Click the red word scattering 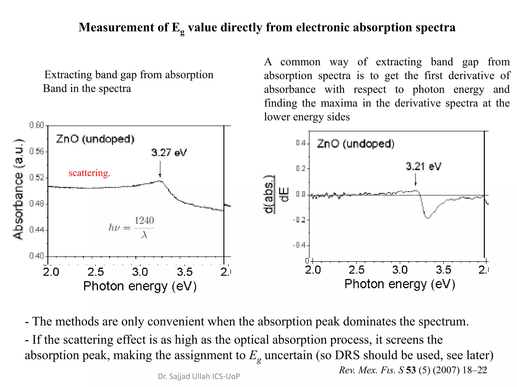89,173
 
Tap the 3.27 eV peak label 169,153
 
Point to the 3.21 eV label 423,166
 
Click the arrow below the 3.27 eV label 160,169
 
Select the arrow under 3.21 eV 416,180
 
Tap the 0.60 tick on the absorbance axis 37,125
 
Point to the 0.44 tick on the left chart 37,230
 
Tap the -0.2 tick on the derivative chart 299,220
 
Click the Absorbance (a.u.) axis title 18,189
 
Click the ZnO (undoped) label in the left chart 95,139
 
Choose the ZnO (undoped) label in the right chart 355,144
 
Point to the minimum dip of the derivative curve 428,217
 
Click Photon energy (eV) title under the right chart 400,284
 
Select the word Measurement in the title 116,27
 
